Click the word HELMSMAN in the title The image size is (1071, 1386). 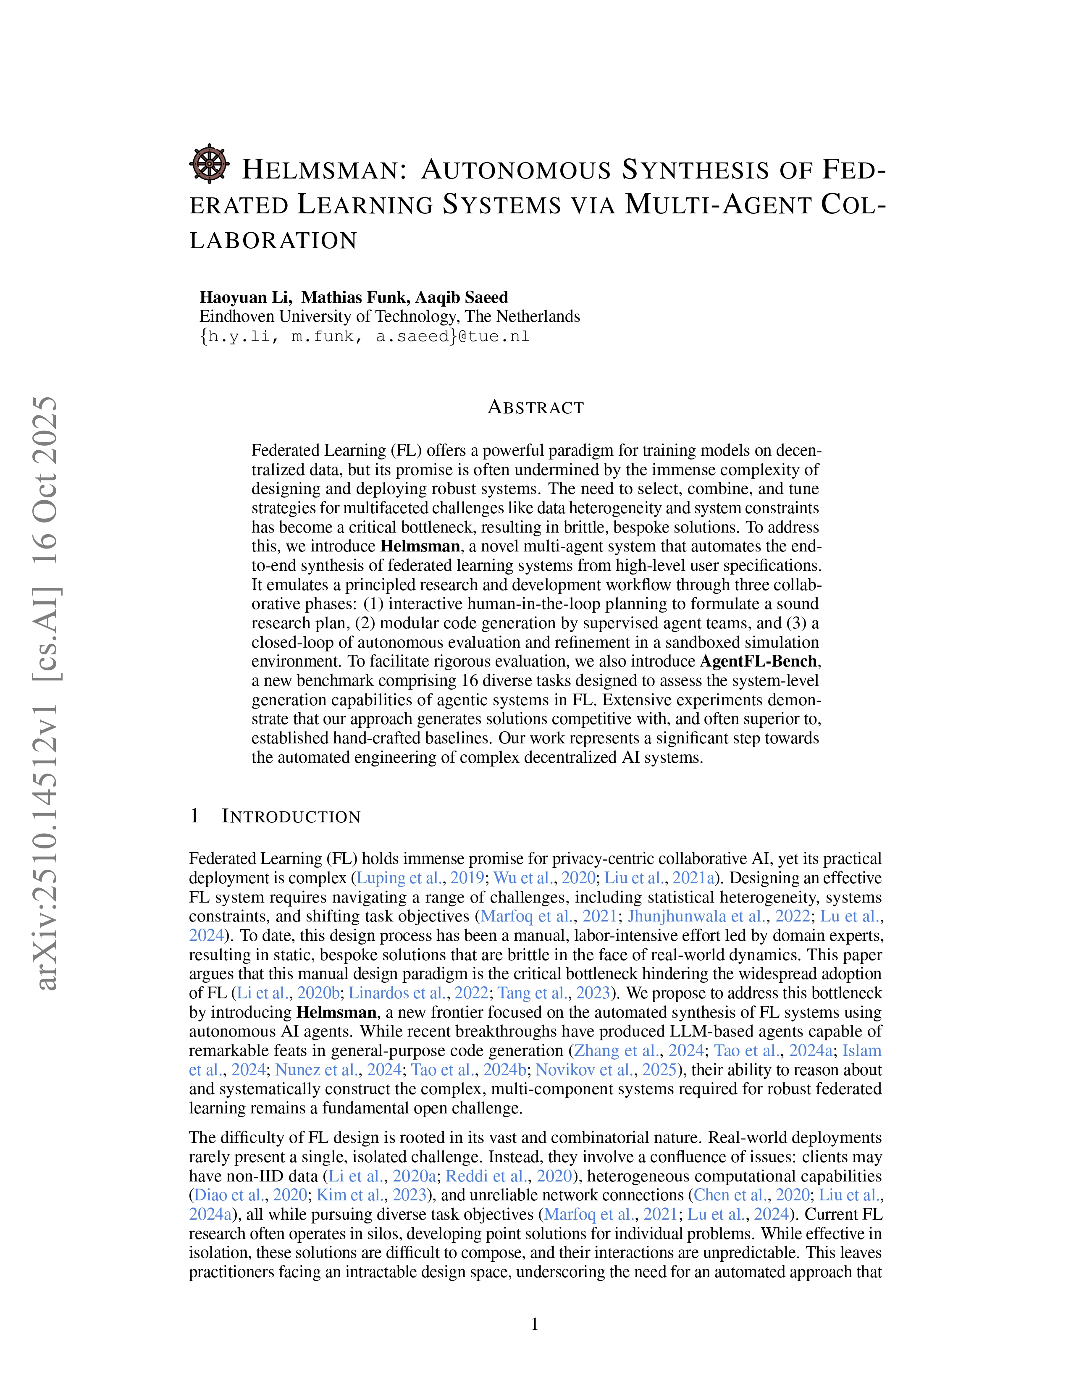[x=323, y=170]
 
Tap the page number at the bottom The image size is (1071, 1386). [x=535, y=1324]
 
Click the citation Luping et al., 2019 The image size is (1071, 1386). [x=420, y=878]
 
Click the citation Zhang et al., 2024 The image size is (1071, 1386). [x=639, y=1050]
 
